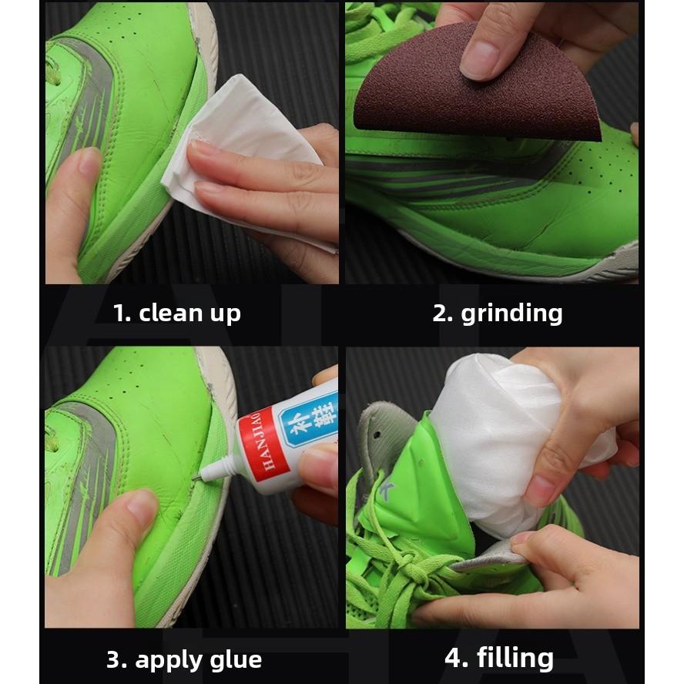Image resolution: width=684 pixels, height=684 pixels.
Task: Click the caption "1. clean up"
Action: pyautogui.click(x=176, y=313)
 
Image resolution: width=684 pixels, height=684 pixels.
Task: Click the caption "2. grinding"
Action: pyautogui.click(x=497, y=313)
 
